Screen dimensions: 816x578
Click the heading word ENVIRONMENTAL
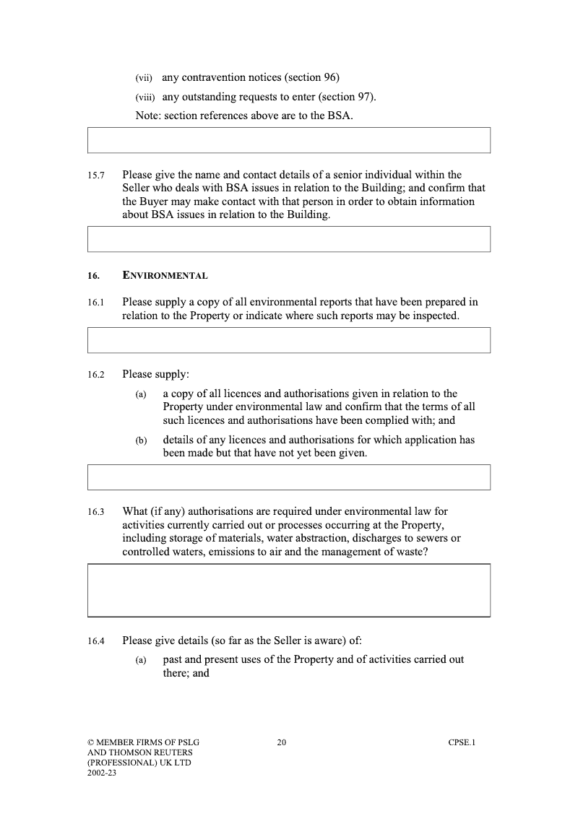165,276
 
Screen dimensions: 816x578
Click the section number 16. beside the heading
93,276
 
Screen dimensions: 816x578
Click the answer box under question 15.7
288,239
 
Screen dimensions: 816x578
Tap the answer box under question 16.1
288,340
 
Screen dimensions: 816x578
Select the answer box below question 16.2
288,477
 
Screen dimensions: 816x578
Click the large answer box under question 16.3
288,590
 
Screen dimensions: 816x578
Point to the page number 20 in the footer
282,742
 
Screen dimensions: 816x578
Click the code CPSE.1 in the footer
462,742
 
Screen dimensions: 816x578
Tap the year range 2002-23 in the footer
101,773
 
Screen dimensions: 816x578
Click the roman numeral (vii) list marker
144,78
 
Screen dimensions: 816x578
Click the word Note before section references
147,116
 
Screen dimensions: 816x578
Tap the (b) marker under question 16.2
141,440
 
